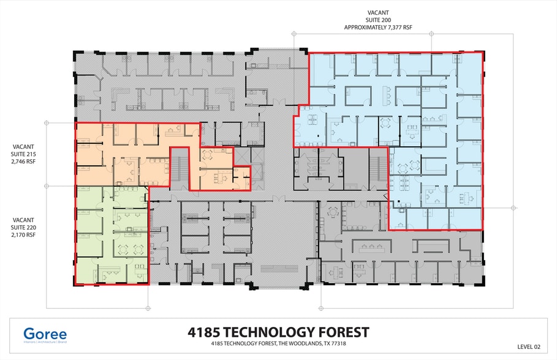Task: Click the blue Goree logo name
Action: pos(45,334)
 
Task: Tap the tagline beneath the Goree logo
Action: pos(45,344)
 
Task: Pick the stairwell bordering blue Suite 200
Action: pos(378,166)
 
